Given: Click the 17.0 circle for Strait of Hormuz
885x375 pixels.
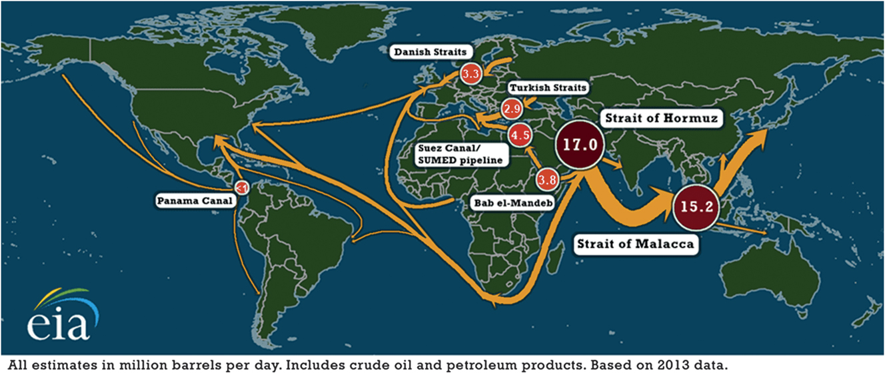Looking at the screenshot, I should tap(580, 145).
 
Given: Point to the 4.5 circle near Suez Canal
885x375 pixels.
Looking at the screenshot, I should tap(519, 135).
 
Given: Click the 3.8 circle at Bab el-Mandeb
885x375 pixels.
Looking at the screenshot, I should tap(547, 179).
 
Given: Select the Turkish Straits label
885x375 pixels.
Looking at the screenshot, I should tap(548, 88).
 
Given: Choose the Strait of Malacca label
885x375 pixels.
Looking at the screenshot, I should tap(635, 244).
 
